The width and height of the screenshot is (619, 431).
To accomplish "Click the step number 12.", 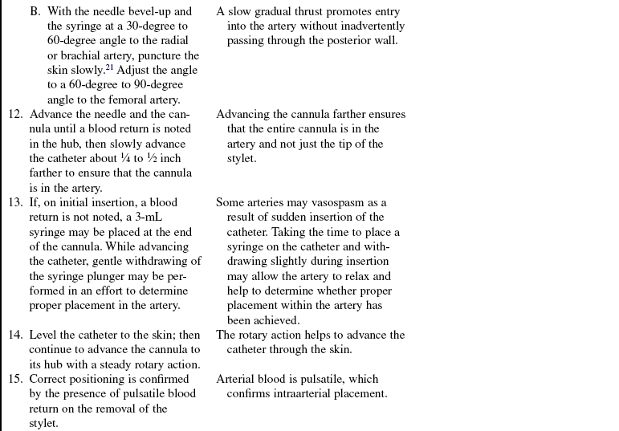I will click(x=16, y=115).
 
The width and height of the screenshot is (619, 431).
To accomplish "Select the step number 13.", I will click(x=16, y=202).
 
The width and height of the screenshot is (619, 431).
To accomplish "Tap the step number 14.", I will click(x=16, y=335).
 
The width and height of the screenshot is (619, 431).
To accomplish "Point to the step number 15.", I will click(x=16, y=379).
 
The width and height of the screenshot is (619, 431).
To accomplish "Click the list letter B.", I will click(x=35, y=12).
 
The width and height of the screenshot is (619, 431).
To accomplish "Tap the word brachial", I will click(x=79, y=55).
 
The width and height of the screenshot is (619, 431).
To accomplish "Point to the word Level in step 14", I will click(x=43, y=335).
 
